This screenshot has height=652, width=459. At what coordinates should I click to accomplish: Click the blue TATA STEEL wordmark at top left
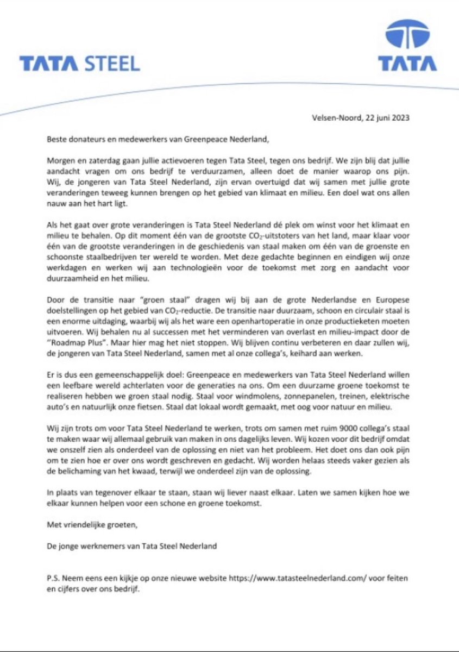tap(80, 64)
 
